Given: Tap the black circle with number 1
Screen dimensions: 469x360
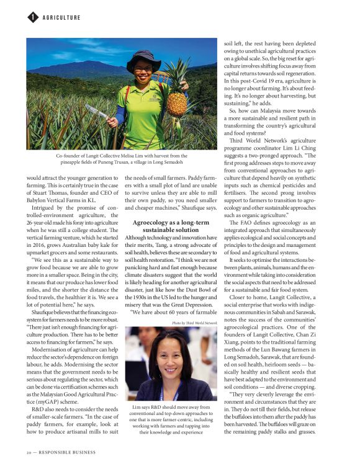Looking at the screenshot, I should click(32, 17).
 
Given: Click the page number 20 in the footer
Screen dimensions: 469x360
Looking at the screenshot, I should click(29, 452).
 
